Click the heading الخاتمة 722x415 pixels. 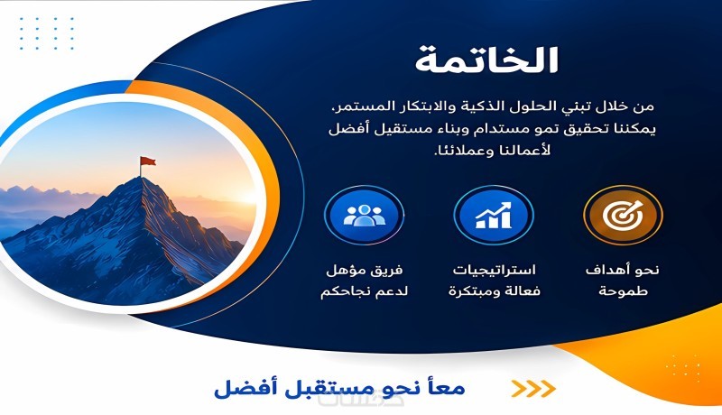point(486,60)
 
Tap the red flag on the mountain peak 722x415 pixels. point(148,161)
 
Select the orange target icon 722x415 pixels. point(623,215)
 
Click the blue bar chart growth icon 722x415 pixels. point(493,215)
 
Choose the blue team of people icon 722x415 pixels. point(364,215)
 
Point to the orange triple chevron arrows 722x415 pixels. point(533,389)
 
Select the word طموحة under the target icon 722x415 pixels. point(623,291)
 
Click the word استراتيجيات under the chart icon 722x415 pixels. point(494,270)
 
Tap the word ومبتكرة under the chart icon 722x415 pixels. point(472,291)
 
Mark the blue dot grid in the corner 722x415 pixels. point(47,33)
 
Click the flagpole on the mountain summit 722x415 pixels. point(141,167)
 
